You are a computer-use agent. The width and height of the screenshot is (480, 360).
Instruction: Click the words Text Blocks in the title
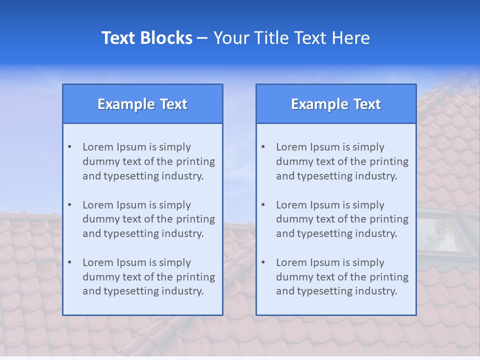point(146,38)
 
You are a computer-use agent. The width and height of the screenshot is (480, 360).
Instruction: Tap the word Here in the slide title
point(352,38)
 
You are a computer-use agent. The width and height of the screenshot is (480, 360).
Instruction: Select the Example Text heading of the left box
point(142,104)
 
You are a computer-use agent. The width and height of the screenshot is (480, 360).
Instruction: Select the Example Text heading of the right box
point(336,104)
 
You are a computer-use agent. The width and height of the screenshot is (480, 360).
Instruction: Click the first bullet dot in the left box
point(70,147)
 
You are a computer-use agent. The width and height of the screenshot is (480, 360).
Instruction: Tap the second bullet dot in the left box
point(70,205)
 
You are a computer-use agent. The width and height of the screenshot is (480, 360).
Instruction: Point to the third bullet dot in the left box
point(70,262)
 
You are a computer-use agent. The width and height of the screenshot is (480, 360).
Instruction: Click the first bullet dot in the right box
point(263,147)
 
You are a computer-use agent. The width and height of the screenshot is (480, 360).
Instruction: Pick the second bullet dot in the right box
point(263,205)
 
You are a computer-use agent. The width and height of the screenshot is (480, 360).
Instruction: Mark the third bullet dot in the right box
point(263,262)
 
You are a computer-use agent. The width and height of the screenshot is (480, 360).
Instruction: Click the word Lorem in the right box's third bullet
point(291,262)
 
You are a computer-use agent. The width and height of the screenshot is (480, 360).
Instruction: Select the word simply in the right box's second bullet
point(368,205)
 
